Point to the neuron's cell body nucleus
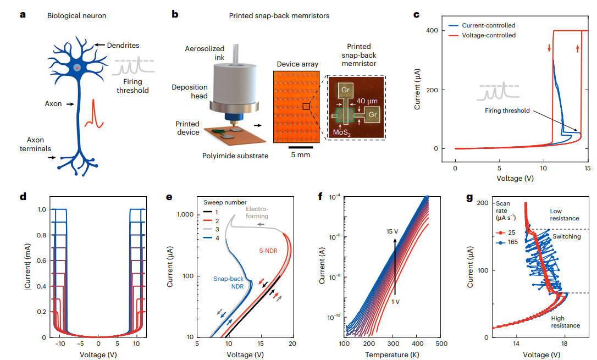coord(78,67)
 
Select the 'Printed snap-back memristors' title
coord(279,16)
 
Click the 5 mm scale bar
coord(301,147)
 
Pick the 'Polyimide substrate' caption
coord(234,156)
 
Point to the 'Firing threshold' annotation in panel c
coord(507,110)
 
